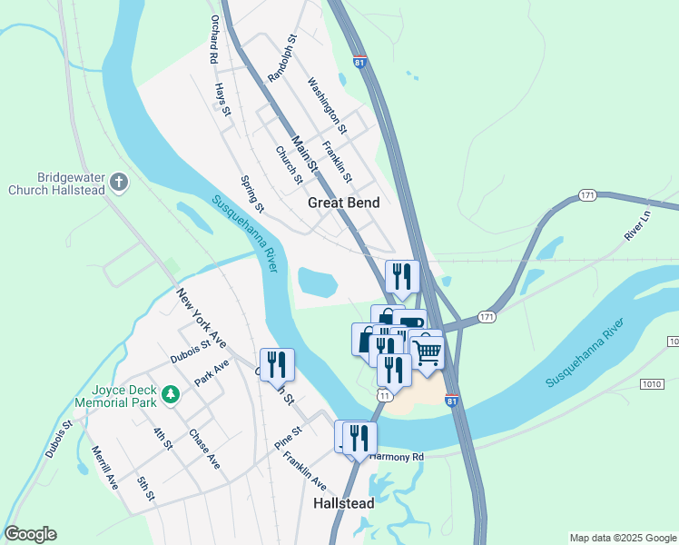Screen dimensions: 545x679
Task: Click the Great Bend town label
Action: click(x=343, y=203)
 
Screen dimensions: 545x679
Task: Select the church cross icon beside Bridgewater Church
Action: click(x=118, y=183)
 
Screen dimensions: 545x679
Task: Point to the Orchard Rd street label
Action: click(x=214, y=39)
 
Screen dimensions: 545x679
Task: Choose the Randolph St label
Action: click(x=283, y=57)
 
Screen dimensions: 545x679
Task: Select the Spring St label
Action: click(x=252, y=194)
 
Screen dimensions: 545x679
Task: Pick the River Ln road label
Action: click(x=638, y=224)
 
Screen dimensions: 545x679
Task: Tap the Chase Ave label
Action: click(x=204, y=449)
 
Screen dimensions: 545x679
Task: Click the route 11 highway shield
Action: click(x=386, y=396)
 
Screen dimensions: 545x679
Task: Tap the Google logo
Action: click(x=30, y=534)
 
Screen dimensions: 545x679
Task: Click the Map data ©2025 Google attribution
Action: click(x=622, y=538)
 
